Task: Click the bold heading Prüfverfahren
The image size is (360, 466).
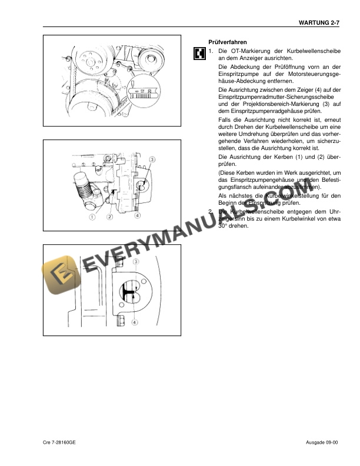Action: click(x=228, y=42)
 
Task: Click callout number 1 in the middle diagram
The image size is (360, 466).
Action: click(x=92, y=217)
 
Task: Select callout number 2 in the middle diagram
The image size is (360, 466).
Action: click(x=110, y=217)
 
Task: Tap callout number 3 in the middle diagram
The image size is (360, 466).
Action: click(x=152, y=159)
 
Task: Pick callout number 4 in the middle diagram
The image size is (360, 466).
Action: click(x=136, y=216)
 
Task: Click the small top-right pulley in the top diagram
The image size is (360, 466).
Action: click(x=156, y=58)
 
